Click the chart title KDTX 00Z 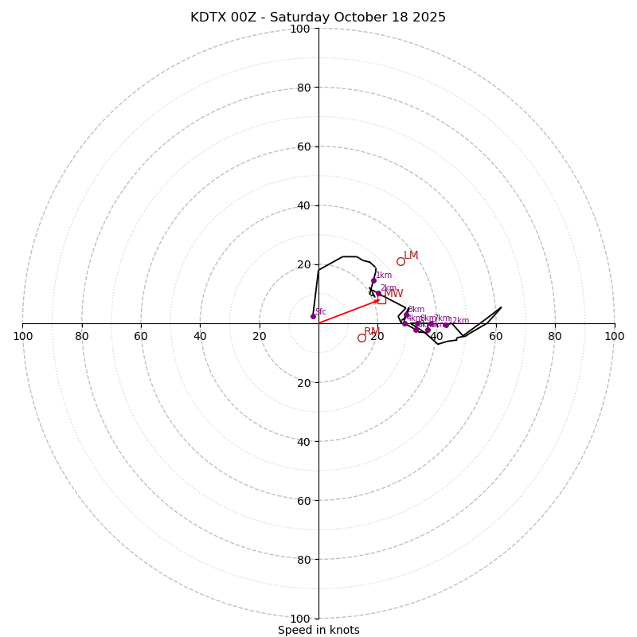point(318,18)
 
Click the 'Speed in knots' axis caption point(318,630)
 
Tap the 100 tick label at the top point(300,29)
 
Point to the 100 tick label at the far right point(614,336)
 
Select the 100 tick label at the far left point(22,336)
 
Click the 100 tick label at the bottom point(300,619)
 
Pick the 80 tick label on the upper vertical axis point(303,88)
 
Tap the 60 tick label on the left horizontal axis point(141,336)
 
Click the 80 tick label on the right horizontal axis point(555,336)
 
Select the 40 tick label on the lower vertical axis point(303,442)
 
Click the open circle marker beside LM point(401,261)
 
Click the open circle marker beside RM point(361,338)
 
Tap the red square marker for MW point(381,299)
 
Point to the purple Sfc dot point(313,316)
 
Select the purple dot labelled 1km point(373,280)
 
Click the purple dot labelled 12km point(446,325)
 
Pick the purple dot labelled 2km point(378,293)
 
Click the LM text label point(411,256)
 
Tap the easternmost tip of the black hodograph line point(501,307)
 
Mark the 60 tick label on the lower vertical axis point(303,501)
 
